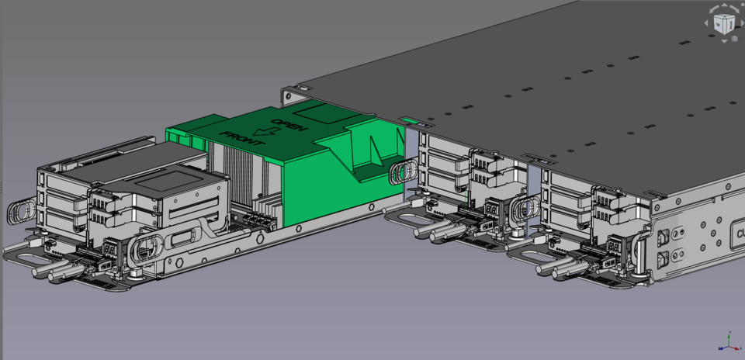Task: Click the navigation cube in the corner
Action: (x=723, y=22)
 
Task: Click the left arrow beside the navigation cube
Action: (x=707, y=23)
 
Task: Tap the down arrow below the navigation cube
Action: (x=723, y=40)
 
